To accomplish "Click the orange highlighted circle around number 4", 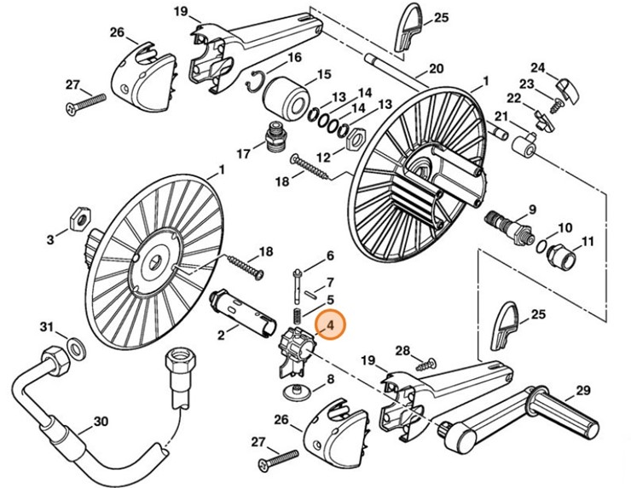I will (x=330, y=324).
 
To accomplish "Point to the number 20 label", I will (x=435, y=69).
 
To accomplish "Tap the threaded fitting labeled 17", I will (x=274, y=136).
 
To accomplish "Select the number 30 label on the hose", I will (x=101, y=420).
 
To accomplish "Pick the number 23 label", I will (x=527, y=84).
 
